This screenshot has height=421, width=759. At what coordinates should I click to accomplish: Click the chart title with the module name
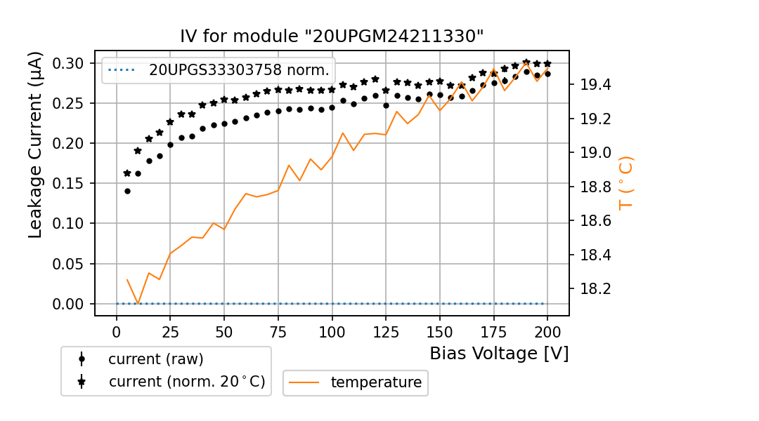coord(332,36)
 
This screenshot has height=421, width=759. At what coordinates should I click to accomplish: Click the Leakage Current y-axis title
coord(36,145)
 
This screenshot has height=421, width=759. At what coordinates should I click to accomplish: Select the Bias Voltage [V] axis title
coord(499,354)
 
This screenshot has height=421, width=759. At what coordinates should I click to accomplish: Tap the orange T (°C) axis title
coord(625,182)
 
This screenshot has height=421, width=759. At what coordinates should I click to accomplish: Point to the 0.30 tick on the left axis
coord(69,63)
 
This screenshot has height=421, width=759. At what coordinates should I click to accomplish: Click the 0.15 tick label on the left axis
coord(69,184)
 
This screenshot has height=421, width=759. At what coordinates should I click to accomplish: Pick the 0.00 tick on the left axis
coord(69,304)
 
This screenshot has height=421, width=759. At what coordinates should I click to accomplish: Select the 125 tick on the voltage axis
coord(385,331)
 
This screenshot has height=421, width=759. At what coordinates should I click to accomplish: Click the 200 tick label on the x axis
coord(547,331)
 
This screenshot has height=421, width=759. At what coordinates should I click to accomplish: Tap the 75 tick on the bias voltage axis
coord(278,331)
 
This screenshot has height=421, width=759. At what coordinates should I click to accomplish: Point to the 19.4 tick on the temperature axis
coord(593,85)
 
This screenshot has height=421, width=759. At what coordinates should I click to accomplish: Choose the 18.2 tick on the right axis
coord(593,288)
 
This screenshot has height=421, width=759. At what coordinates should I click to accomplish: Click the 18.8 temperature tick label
coord(593,187)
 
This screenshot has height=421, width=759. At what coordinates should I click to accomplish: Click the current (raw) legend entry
coord(155,359)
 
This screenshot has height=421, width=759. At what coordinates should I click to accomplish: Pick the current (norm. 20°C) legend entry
coord(186,382)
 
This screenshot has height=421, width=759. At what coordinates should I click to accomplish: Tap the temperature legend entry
coord(376,382)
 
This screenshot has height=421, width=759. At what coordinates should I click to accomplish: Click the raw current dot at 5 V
coord(127,191)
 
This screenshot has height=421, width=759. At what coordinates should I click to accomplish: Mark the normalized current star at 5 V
coord(127,173)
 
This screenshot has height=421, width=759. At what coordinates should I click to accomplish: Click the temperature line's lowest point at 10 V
coord(138,304)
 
